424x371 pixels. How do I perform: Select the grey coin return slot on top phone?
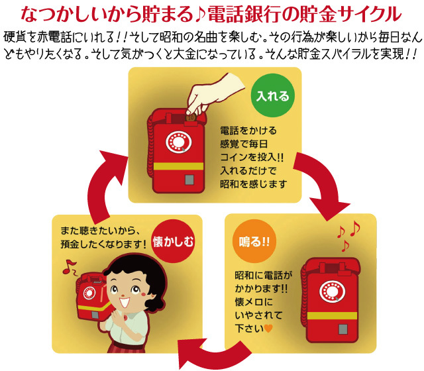[189, 180]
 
